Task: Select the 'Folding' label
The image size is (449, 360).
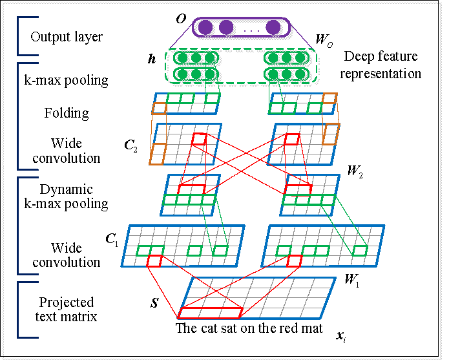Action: [67, 113]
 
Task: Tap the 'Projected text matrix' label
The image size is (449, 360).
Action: [67, 309]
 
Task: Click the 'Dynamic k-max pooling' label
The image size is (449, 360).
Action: [66, 196]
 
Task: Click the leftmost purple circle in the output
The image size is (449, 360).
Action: [205, 28]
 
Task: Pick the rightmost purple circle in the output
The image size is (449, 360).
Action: [273, 28]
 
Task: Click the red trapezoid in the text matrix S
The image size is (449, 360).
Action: [211, 313]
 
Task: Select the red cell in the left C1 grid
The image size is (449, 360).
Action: [154, 260]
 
